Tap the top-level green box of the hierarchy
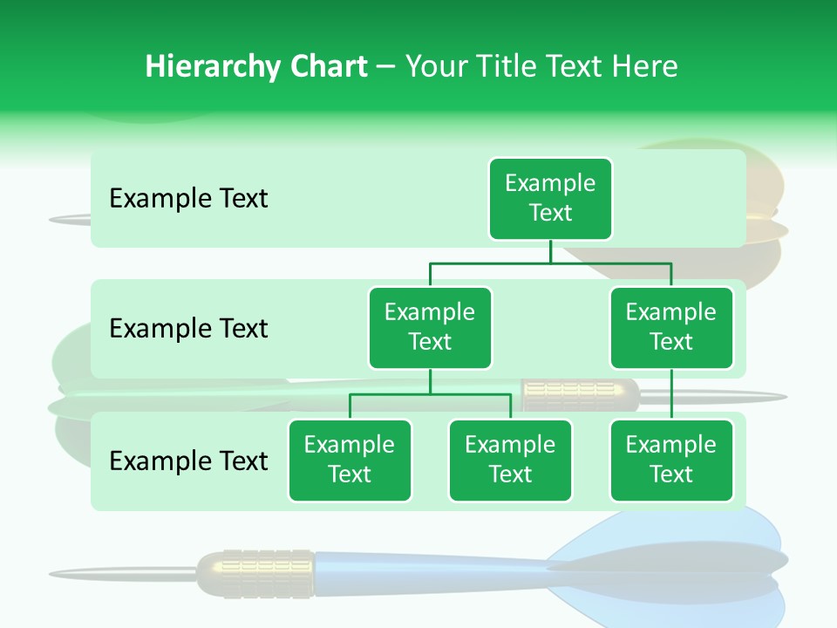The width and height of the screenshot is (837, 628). point(550,198)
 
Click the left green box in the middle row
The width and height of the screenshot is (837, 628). point(430,327)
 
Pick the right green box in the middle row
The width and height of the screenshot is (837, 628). point(671,327)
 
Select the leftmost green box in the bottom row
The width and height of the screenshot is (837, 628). point(350,460)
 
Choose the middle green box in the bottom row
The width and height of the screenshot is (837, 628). point(510,460)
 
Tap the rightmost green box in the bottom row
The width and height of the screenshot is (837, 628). point(671,460)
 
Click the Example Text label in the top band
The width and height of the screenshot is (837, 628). point(188,199)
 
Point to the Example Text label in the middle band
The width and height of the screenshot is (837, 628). point(188,329)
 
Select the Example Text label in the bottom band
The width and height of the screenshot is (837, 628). point(188,461)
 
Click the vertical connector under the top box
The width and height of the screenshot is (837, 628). point(550,251)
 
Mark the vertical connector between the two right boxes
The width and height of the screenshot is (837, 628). point(671,394)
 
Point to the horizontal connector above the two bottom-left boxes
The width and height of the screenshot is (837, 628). point(430,394)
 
